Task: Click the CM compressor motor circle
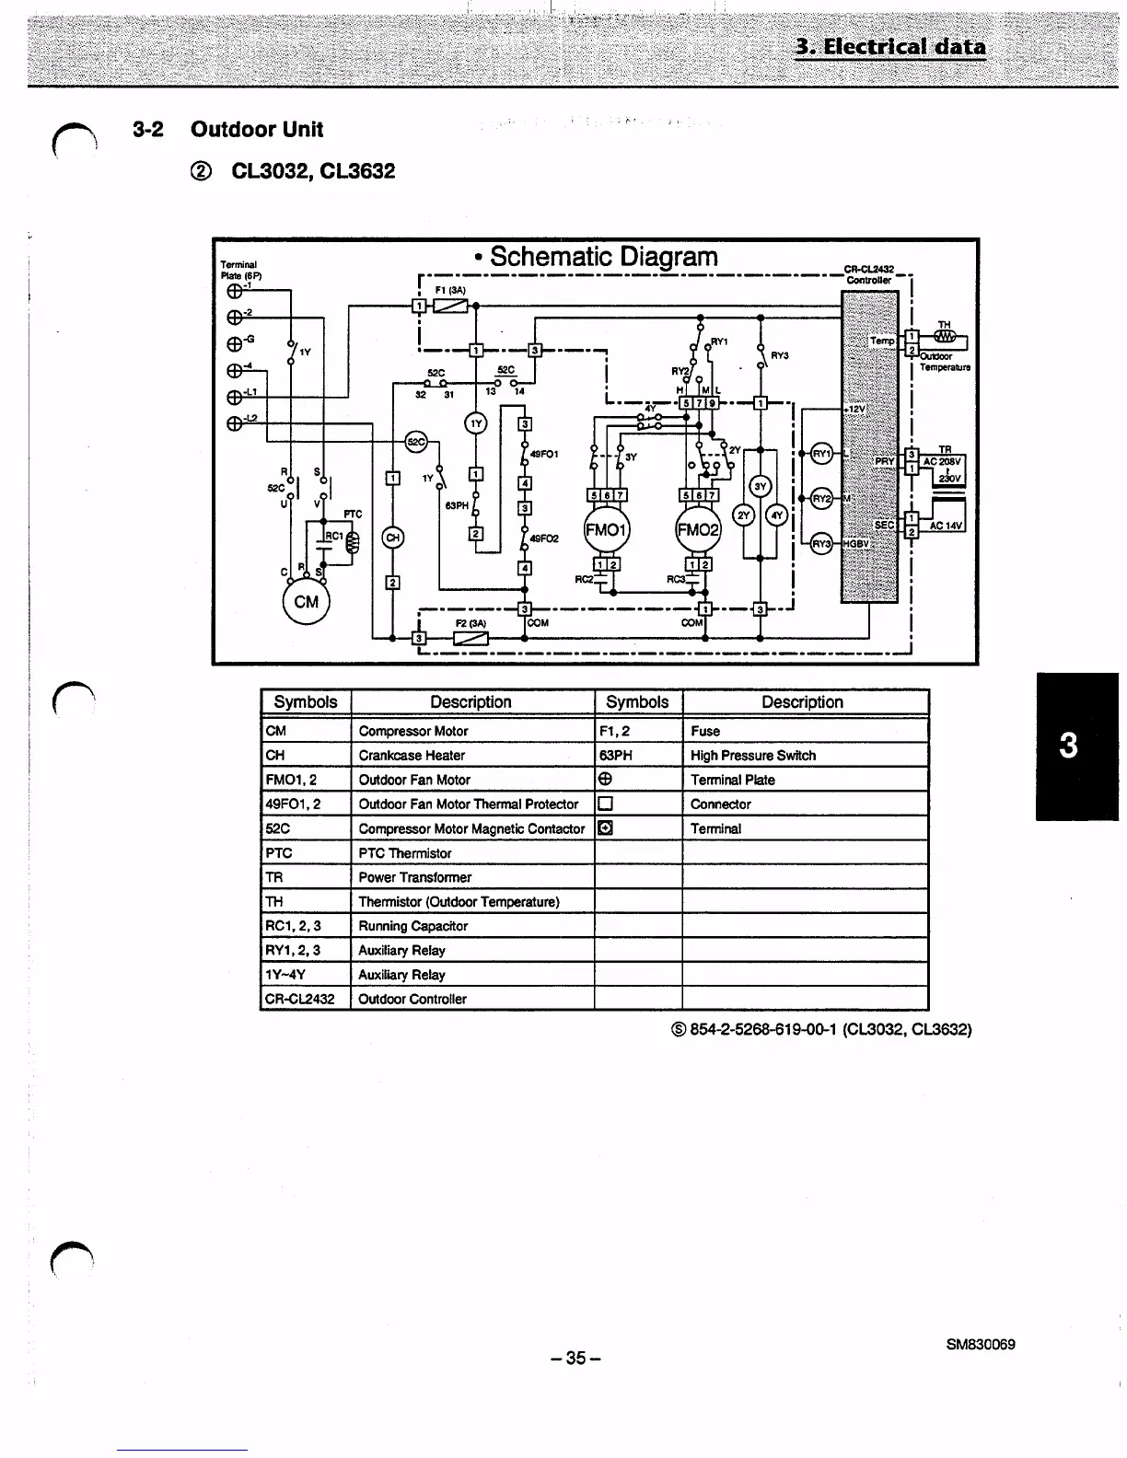tap(306, 602)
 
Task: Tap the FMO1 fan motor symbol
tap(607, 530)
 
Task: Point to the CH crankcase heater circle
tap(392, 538)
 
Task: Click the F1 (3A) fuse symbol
tap(450, 306)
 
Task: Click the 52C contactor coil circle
tap(416, 442)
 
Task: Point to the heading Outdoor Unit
tap(256, 129)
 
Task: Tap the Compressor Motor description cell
tap(413, 731)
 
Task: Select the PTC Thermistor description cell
tap(405, 853)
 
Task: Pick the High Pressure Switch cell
tap(753, 756)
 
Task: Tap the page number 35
tap(575, 1358)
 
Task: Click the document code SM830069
tap(981, 1345)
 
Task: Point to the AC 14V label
tap(946, 526)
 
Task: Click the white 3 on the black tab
tap(1068, 745)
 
